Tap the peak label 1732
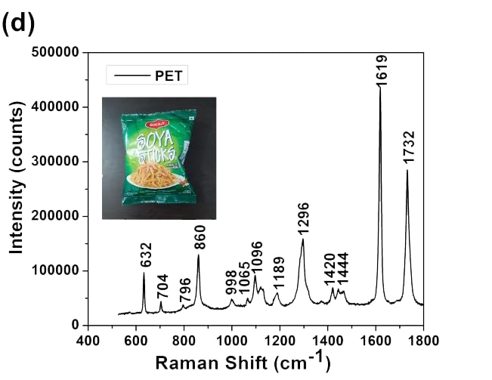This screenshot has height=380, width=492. tap(409, 148)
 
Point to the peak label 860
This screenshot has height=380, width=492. tap(200, 239)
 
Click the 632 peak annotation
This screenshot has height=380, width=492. tap(147, 256)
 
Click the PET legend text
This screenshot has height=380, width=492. tap(171, 75)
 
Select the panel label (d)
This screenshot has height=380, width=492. tap(18, 23)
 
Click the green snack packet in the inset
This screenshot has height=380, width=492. tap(159, 158)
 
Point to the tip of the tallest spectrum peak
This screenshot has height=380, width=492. tap(379, 88)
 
